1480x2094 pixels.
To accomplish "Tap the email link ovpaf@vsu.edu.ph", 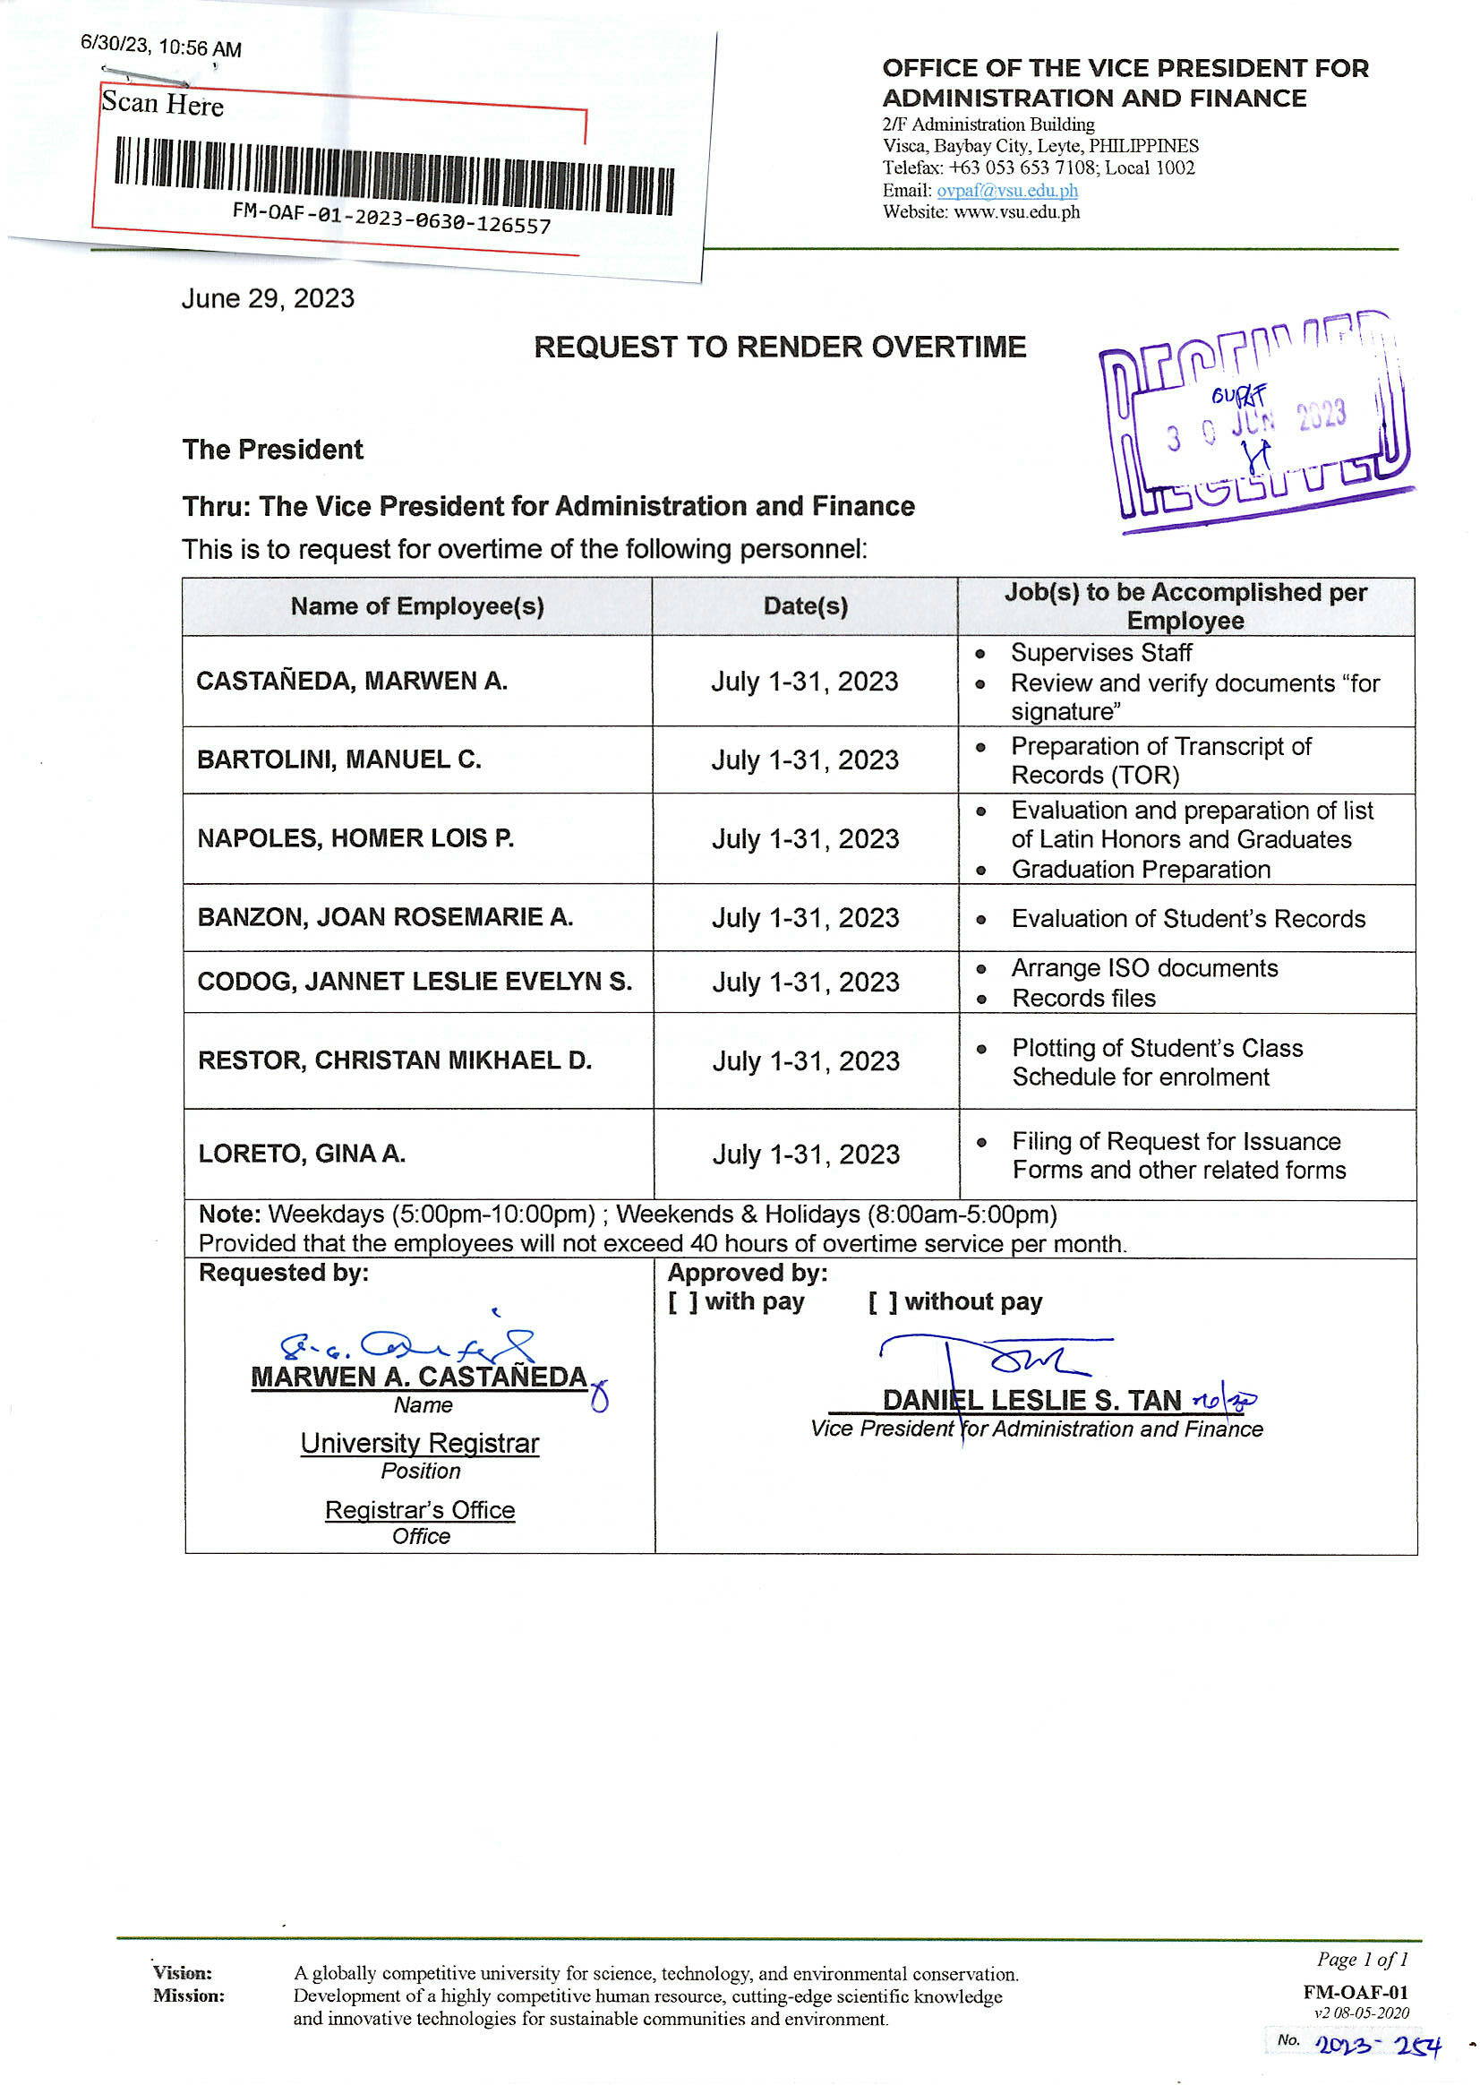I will (1006, 191).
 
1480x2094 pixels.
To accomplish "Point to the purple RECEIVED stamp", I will (1256, 421).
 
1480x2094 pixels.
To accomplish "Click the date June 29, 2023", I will (268, 299).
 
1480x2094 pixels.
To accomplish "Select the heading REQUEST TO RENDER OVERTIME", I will (780, 348).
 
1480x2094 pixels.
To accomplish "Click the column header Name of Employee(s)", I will (416, 606).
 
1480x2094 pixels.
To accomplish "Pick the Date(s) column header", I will (805, 606).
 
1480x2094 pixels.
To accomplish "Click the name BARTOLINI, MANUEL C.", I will (339, 760).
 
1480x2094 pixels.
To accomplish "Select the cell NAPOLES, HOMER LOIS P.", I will (355, 838).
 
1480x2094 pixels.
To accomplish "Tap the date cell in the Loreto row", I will (806, 1154).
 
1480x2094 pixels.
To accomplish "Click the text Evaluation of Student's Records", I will (1187, 918).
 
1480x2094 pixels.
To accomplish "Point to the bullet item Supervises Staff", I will (1100, 653).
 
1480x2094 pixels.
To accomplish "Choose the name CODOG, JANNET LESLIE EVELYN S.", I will (415, 982).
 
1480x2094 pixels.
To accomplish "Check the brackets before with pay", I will (683, 1302).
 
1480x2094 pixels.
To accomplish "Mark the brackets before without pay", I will (883, 1302).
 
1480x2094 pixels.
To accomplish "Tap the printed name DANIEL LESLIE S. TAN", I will (1031, 1400).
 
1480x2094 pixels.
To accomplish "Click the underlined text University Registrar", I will (420, 1444).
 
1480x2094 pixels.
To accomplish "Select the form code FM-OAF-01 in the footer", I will (1355, 1993).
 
